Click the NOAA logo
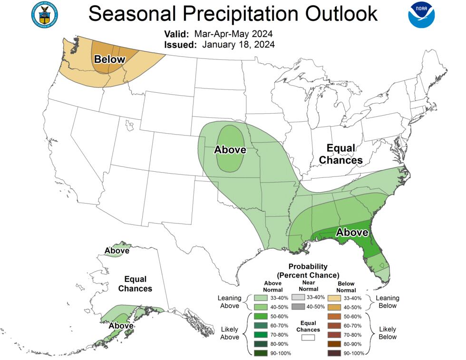coord(421,15)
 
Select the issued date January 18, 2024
coord(238,44)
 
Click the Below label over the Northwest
coord(109,59)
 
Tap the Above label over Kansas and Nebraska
coord(230,150)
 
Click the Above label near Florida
coord(352,233)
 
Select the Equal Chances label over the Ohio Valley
coord(340,154)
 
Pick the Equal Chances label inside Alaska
coord(135,284)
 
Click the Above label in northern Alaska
coord(116,251)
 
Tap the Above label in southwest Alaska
coord(121,326)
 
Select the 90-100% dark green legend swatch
coord(260,353)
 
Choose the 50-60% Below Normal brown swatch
coord(334,316)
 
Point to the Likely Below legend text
coord(388,333)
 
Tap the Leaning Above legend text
coord(229,302)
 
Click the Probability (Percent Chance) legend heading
coord(308,271)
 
